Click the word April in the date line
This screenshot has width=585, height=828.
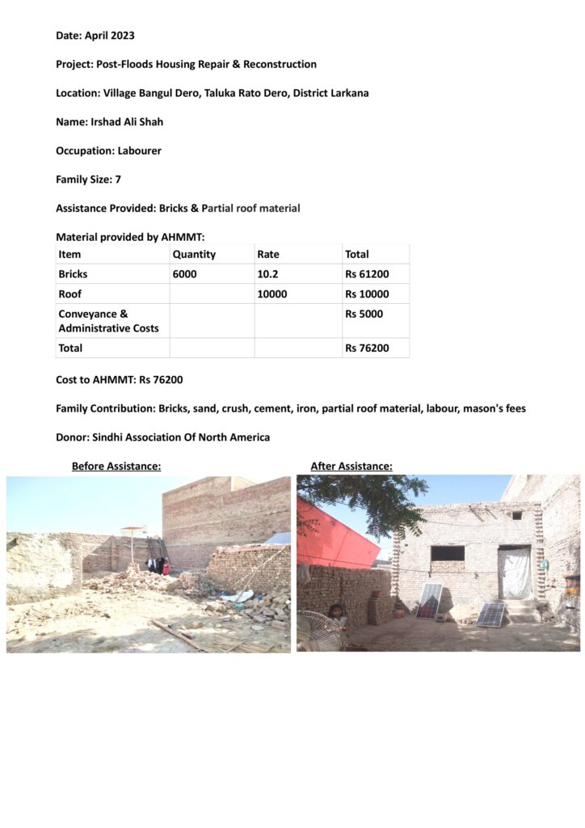(95, 36)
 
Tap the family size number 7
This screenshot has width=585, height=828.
(118, 180)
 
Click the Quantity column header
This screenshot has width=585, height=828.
(194, 254)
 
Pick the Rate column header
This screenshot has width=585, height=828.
(268, 254)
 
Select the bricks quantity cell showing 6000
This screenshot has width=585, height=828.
(184, 274)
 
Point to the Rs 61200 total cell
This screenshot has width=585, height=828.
(367, 274)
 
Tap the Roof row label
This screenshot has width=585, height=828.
(70, 294)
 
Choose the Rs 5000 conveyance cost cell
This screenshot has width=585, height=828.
(364, 314)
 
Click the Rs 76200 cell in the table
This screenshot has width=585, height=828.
(367, 348)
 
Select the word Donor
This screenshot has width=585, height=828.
(73, 437)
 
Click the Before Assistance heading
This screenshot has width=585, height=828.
(116, 466)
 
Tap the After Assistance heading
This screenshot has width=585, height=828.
(351, 466)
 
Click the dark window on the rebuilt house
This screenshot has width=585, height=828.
(448, 553)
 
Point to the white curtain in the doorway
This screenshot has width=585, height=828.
(515, 573)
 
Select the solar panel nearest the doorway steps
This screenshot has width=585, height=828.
(490, 615)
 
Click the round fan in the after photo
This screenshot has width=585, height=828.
(322, 632)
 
